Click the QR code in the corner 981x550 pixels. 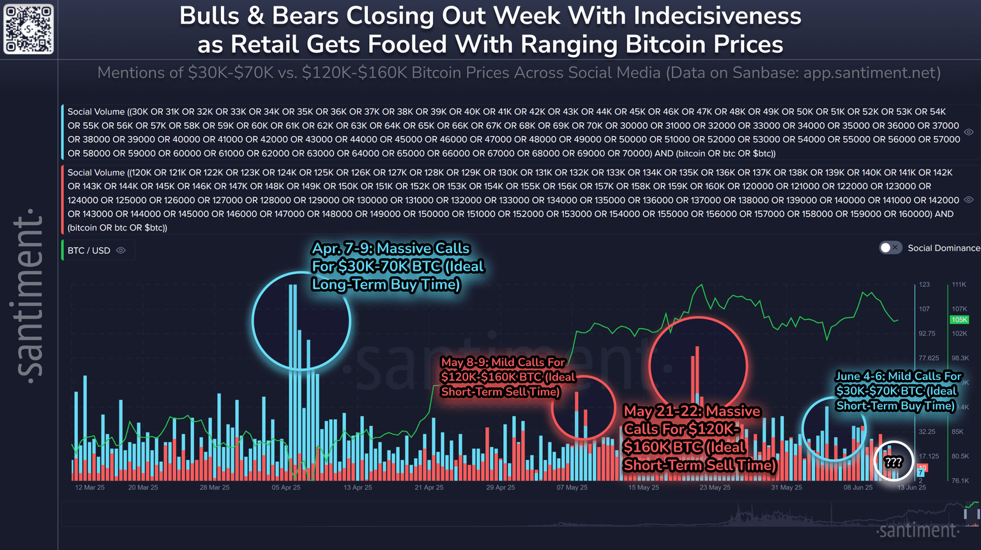[29, 29]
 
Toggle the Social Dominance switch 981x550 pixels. [890, 248]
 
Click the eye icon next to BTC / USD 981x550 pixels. [121, 250]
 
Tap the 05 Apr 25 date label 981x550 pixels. [285, 487]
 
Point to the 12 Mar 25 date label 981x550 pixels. [89, 487]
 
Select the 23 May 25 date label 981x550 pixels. [715, 487]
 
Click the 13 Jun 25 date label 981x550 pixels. [911, 487]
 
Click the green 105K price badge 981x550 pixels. [959, 319]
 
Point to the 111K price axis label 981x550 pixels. [959, 284]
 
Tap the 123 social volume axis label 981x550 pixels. [924, 284]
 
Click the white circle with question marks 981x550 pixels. [894, 461]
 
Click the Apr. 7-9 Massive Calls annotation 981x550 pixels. [397, 266]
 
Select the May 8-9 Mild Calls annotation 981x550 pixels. [508, 377]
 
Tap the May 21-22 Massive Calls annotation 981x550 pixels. [699, 438]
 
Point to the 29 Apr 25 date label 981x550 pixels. [500, 487]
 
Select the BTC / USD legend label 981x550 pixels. [89, 250]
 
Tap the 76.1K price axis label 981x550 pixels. [960, 480]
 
